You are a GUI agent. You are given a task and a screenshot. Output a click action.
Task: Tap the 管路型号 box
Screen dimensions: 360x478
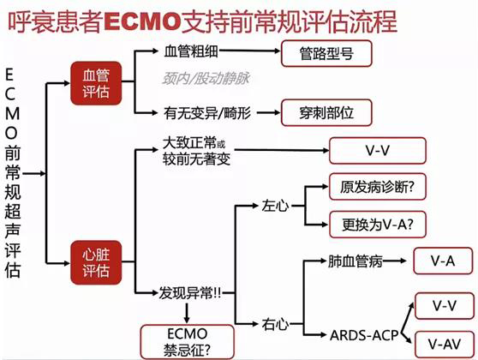click(328, 52)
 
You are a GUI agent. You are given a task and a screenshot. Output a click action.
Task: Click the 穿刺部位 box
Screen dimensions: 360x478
click(328, 111)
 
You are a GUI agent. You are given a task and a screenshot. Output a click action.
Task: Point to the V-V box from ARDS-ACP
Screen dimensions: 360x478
click(444, 304)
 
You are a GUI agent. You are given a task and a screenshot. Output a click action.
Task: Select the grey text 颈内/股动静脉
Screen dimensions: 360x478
click(202, 78)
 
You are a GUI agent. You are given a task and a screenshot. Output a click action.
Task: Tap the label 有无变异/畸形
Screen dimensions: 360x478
click(208, 111)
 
